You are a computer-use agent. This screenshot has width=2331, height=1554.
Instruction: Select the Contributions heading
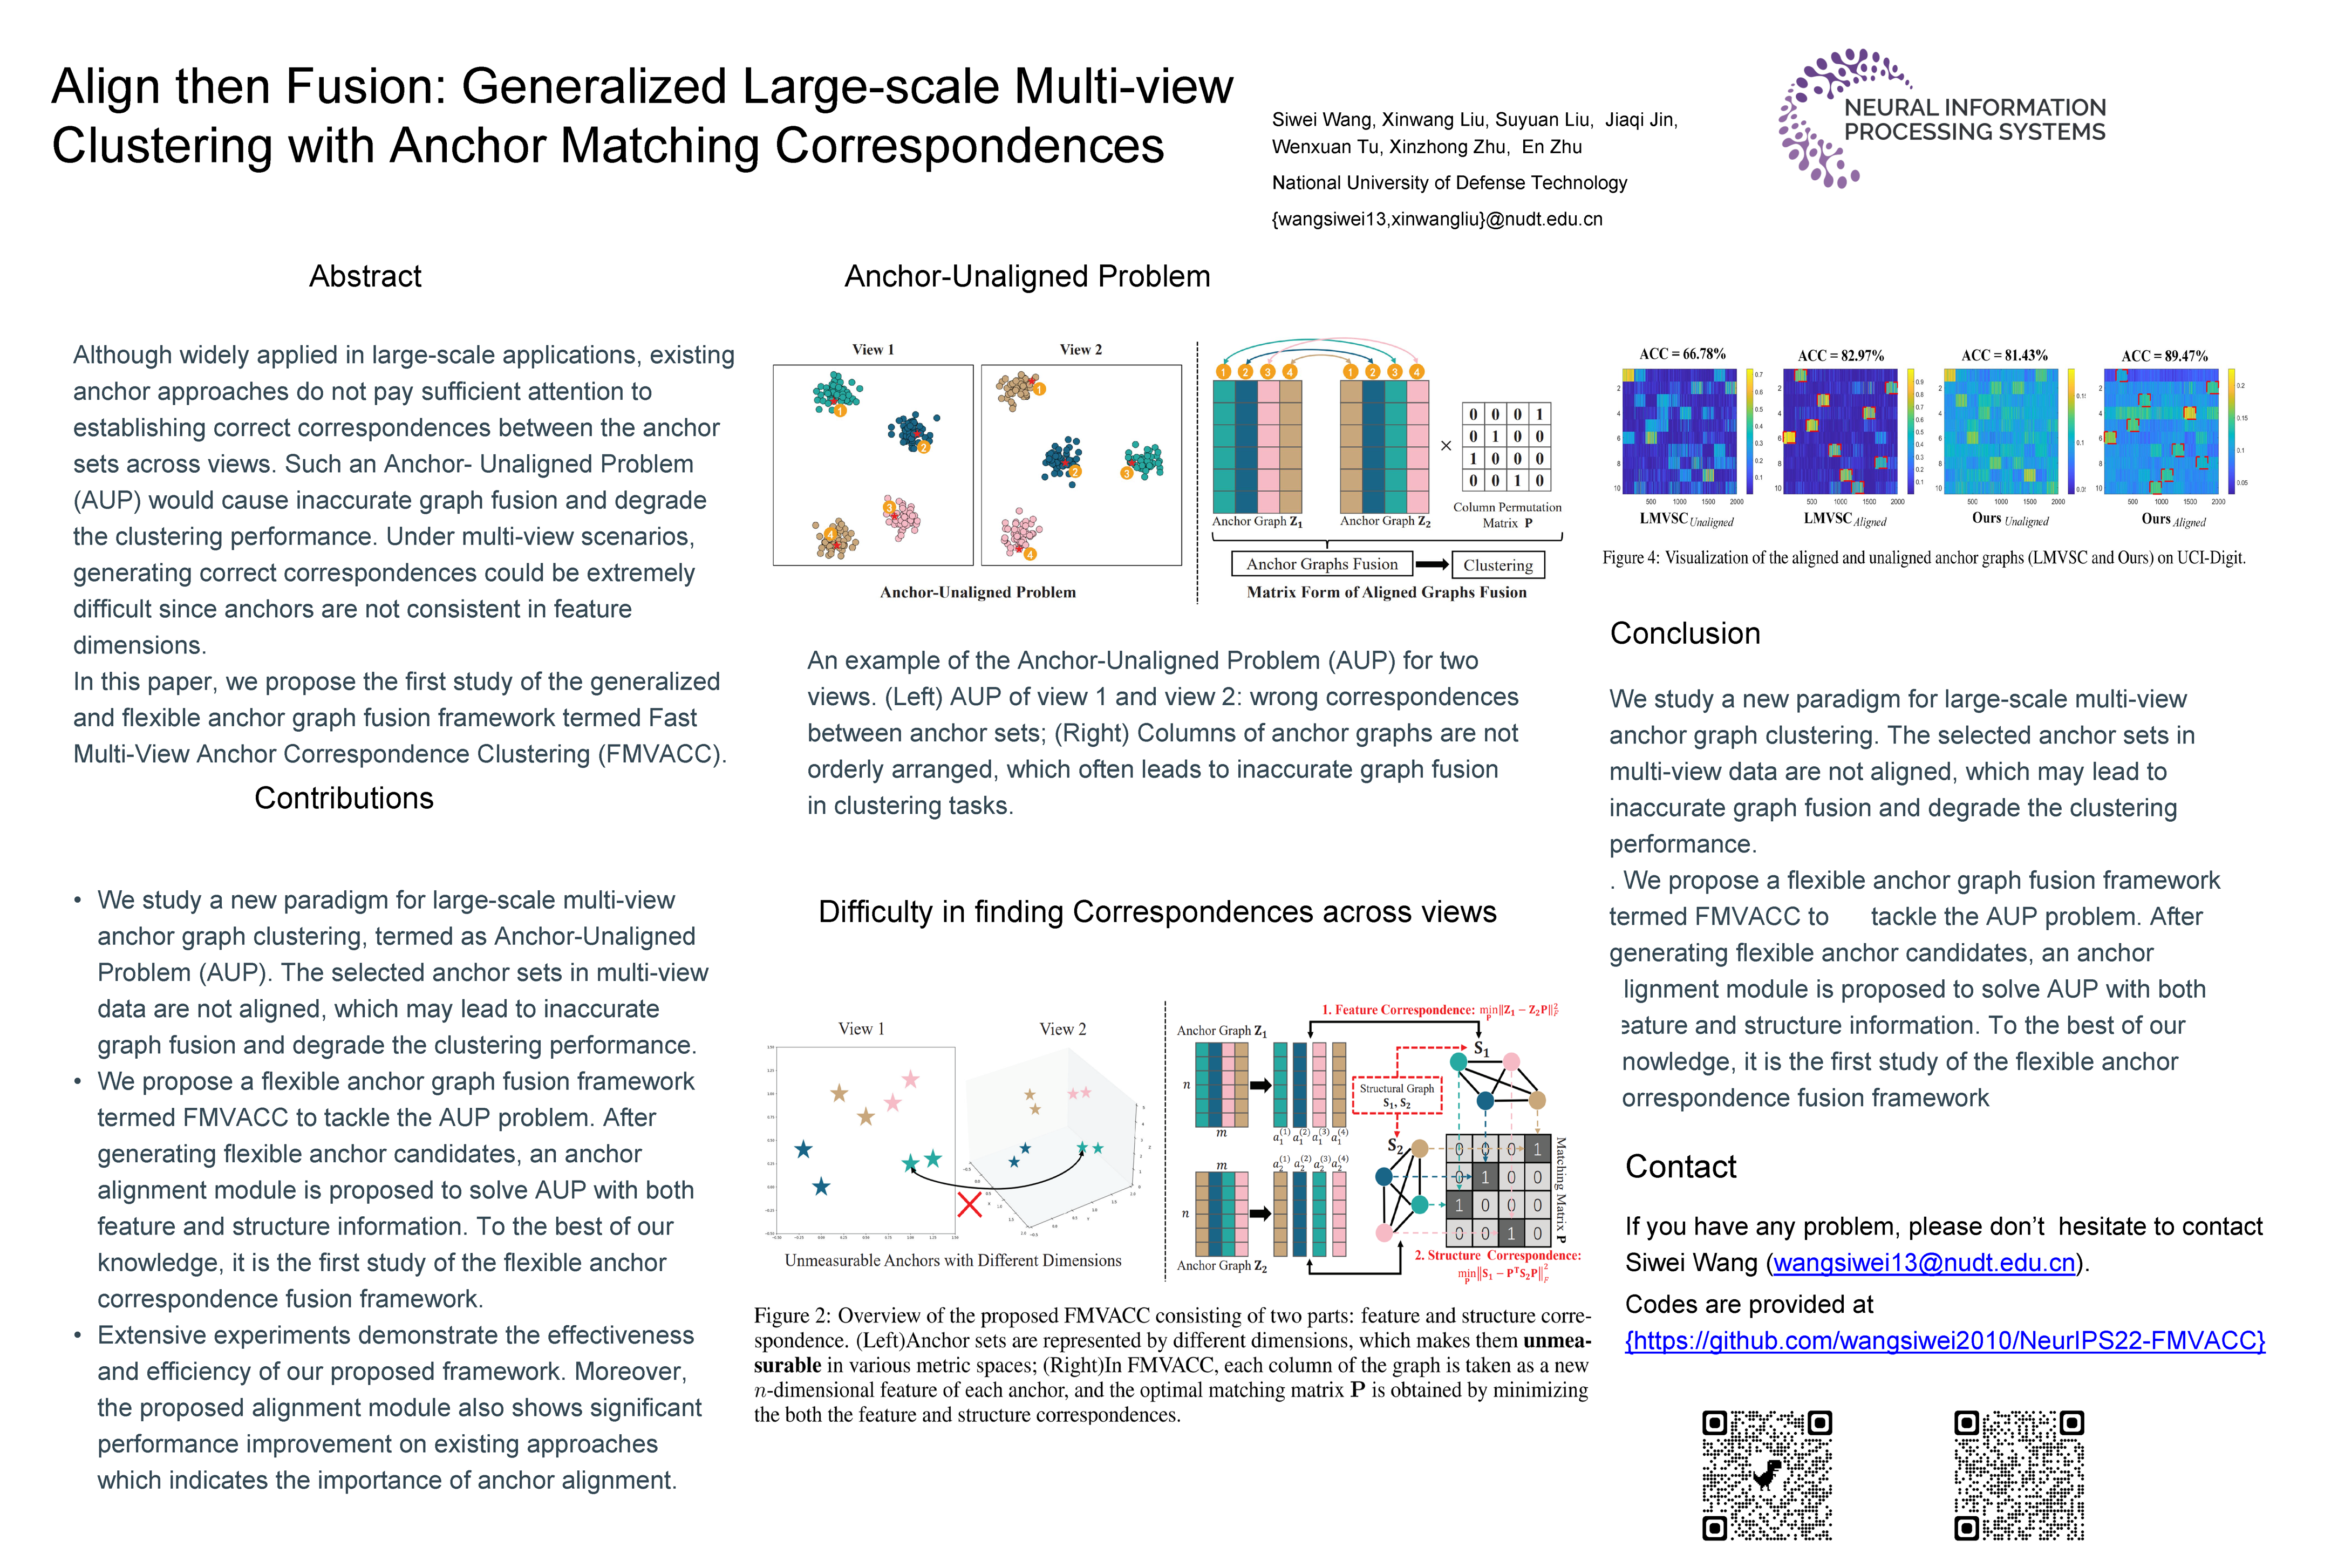click(344, 798)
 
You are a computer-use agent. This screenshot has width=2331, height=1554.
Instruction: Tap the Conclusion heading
click(1685, 633)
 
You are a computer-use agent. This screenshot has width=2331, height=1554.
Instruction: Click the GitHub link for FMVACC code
click(1945, 1341)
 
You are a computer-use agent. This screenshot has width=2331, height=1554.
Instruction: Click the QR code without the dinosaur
click(2019, 1475)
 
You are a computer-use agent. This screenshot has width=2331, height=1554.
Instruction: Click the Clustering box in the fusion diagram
click(1497, 565)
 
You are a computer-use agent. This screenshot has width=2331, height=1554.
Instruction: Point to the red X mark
click(969, 1205)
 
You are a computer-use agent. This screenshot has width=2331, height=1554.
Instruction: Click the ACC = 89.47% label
click(2164, 356)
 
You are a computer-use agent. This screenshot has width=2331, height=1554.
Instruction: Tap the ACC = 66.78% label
click(1682, 354)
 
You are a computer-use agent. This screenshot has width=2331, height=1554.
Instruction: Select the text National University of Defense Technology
click(1449, 182)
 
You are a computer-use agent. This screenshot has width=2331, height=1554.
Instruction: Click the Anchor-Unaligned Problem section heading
click(1027, 276)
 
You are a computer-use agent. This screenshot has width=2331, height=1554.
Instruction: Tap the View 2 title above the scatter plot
click(1080, 350)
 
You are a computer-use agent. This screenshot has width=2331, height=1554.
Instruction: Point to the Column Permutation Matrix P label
click(1507, 514)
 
